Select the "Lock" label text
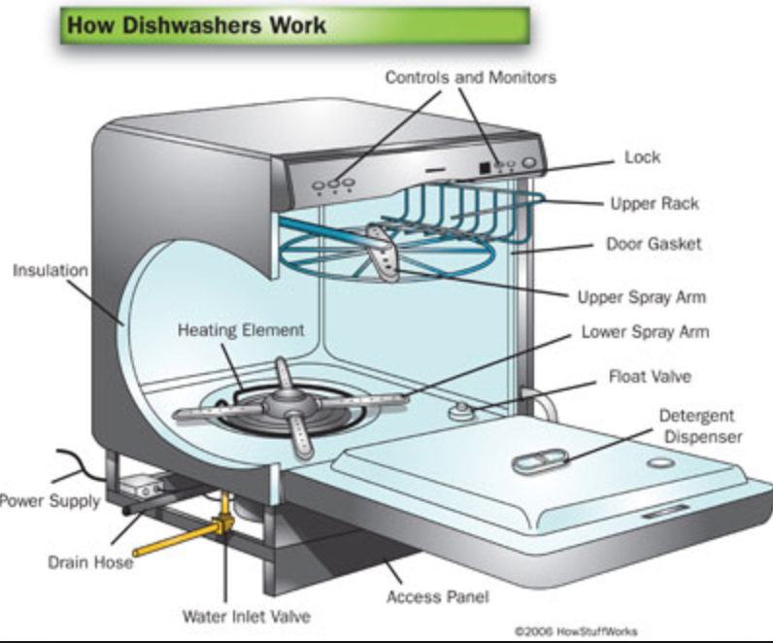[642, 156]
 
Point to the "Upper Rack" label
[654, 204]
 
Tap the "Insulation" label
[50, 270]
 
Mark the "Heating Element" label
[241, 330]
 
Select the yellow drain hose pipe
[170, 542]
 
